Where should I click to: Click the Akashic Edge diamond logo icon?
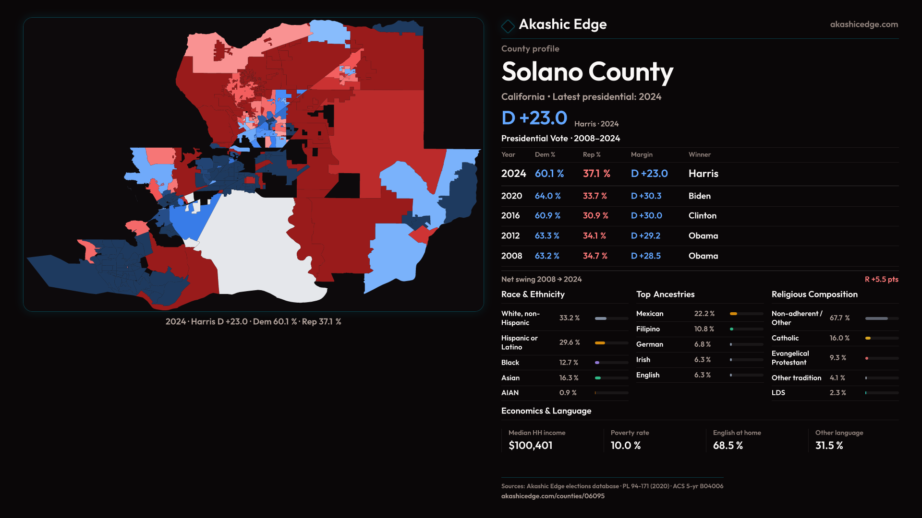(x=508, y=25)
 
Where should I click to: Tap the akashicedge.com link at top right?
(x=864, y=24)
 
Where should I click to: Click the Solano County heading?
(x=587, y=72)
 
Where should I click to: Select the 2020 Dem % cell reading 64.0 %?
(x=547, y=196)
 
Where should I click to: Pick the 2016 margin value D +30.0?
(x=646, y=216)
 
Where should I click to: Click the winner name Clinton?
(x=702, y=216)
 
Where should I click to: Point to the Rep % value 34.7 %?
(x=595, y=256)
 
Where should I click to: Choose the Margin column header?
(x=642, y=155)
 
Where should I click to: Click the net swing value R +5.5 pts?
(x=881, y=280)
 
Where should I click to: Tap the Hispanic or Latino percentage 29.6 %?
(x=570, y=342)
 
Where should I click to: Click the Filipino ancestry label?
(x=648, y=329)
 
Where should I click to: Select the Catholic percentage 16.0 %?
(x=839, y=338)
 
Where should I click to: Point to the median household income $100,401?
(x=530, y=446)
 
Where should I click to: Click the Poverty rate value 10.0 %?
(x=625, y=446)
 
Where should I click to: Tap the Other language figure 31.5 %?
(x=829, y=446)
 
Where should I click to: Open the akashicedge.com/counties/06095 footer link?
(x=553, y=496)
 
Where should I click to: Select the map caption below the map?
(x=253, y=322)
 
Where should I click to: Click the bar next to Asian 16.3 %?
(x=611, y=378)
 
